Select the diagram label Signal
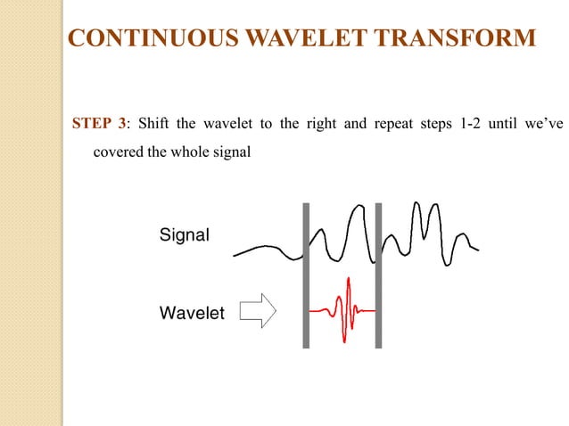coord(184,236)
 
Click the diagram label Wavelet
coord(192,313)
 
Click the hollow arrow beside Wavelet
coord(260,311)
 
